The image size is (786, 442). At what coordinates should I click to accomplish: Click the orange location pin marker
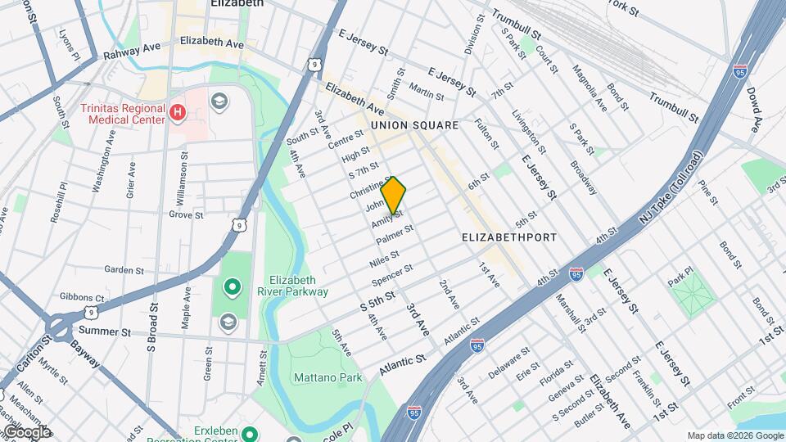[x=394, y=196]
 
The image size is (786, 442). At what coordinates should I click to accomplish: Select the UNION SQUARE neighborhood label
[x=413, y=125]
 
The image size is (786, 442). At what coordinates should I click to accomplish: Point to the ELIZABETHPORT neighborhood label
[x=509, y=237]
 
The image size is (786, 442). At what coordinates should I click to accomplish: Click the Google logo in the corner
[x=26, y=432]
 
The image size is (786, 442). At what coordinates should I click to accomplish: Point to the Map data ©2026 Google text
[x=734, y=435]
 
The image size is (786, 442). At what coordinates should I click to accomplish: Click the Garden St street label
[x=124, y=269]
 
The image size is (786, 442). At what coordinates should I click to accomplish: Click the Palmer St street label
[x=394, y=234]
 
